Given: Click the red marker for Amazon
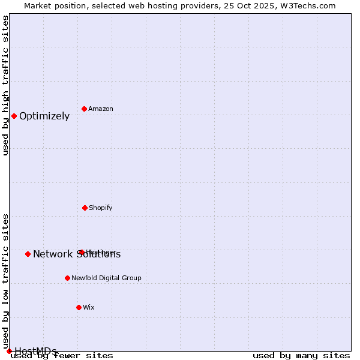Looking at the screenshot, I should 85,109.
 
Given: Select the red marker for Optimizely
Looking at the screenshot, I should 14,116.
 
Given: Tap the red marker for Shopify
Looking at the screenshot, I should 85,208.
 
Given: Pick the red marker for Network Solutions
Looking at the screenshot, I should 28,254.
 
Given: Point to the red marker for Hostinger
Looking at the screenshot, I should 82,252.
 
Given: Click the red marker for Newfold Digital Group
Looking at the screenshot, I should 67,278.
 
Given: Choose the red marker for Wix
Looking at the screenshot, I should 79,307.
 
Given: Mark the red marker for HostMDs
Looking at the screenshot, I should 9,351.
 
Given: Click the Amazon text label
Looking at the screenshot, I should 101,109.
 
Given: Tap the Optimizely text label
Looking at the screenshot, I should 44,116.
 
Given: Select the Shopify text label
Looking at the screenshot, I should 101,208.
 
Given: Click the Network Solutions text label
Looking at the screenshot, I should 77,254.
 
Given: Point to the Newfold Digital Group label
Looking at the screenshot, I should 106,278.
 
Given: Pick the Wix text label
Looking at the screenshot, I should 89,307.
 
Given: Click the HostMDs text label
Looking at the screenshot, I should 35,351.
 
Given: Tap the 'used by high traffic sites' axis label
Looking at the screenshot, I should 5,85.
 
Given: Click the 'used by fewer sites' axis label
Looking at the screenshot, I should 62,356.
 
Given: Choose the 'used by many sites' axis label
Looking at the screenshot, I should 301,356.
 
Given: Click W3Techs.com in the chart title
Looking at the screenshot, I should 307,5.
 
